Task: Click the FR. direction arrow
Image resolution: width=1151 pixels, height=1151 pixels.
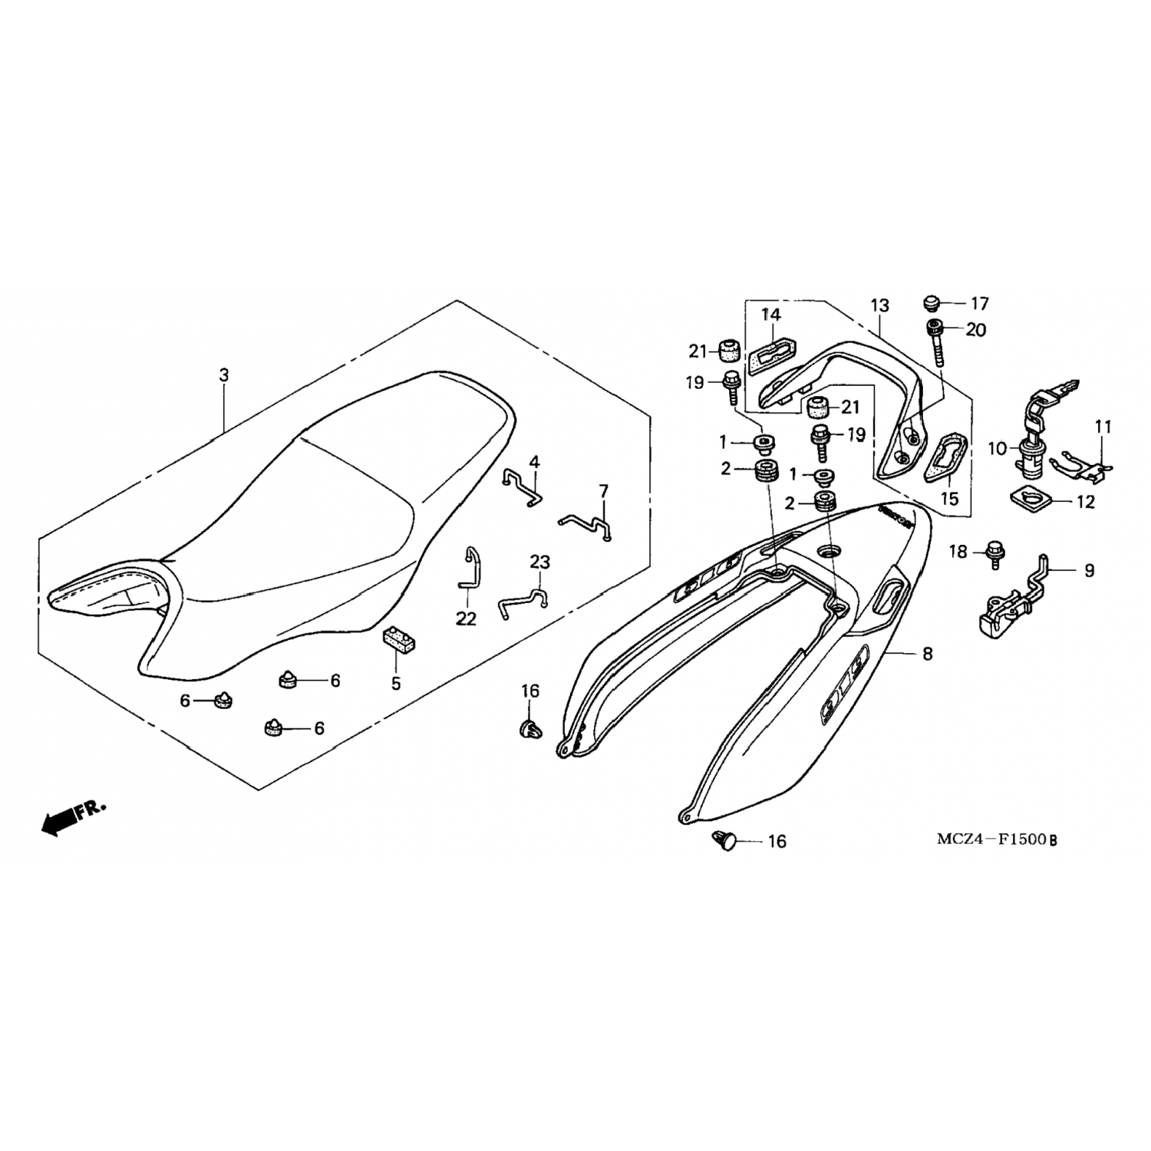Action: click(73, 817)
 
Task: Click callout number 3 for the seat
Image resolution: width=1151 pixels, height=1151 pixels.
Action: click(223, 375)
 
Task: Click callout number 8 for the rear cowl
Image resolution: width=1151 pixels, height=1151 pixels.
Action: click(927, 655)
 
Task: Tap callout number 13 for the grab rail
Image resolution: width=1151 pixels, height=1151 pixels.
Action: click(879, 305)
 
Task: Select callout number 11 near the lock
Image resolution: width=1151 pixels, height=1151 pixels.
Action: click(1103, 427)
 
